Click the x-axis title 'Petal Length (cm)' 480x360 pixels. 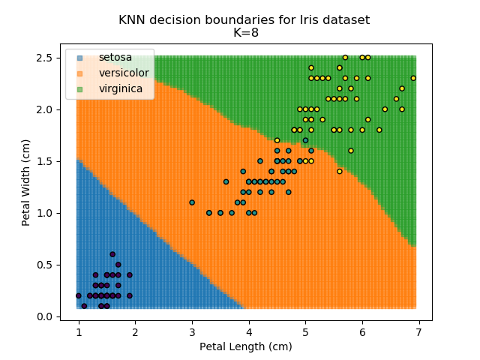pyautogui.click(x=245, y=346)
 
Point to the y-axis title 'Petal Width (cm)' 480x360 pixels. pyautogui.click(x=26, y=181)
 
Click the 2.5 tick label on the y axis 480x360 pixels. pyautogui.click(x=46, y=58)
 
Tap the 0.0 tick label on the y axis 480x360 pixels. pyautogui.click(x=46, y=316)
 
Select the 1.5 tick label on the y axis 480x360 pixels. pyautogui.click(x=46, y=161)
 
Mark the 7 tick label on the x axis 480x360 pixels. pyautogui.click(x=418, y=331)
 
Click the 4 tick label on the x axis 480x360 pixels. pyautogui.click(x=248, y=331)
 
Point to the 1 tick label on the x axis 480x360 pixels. pyautogui.click(x=79, y=331)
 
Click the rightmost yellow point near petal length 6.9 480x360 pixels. pyautogui.click(x=413, y=78)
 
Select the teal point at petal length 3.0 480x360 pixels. pyautogui.click(x=192, y=202)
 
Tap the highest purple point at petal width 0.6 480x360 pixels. pyautogui.click(x=112, y=254)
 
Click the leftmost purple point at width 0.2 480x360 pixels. pyautogui.click(x=79, y=295)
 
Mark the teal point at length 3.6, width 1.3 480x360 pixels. pyautogui.click(x=226, y=181)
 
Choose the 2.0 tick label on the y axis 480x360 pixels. pyautogui.click(x=46, y=109)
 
